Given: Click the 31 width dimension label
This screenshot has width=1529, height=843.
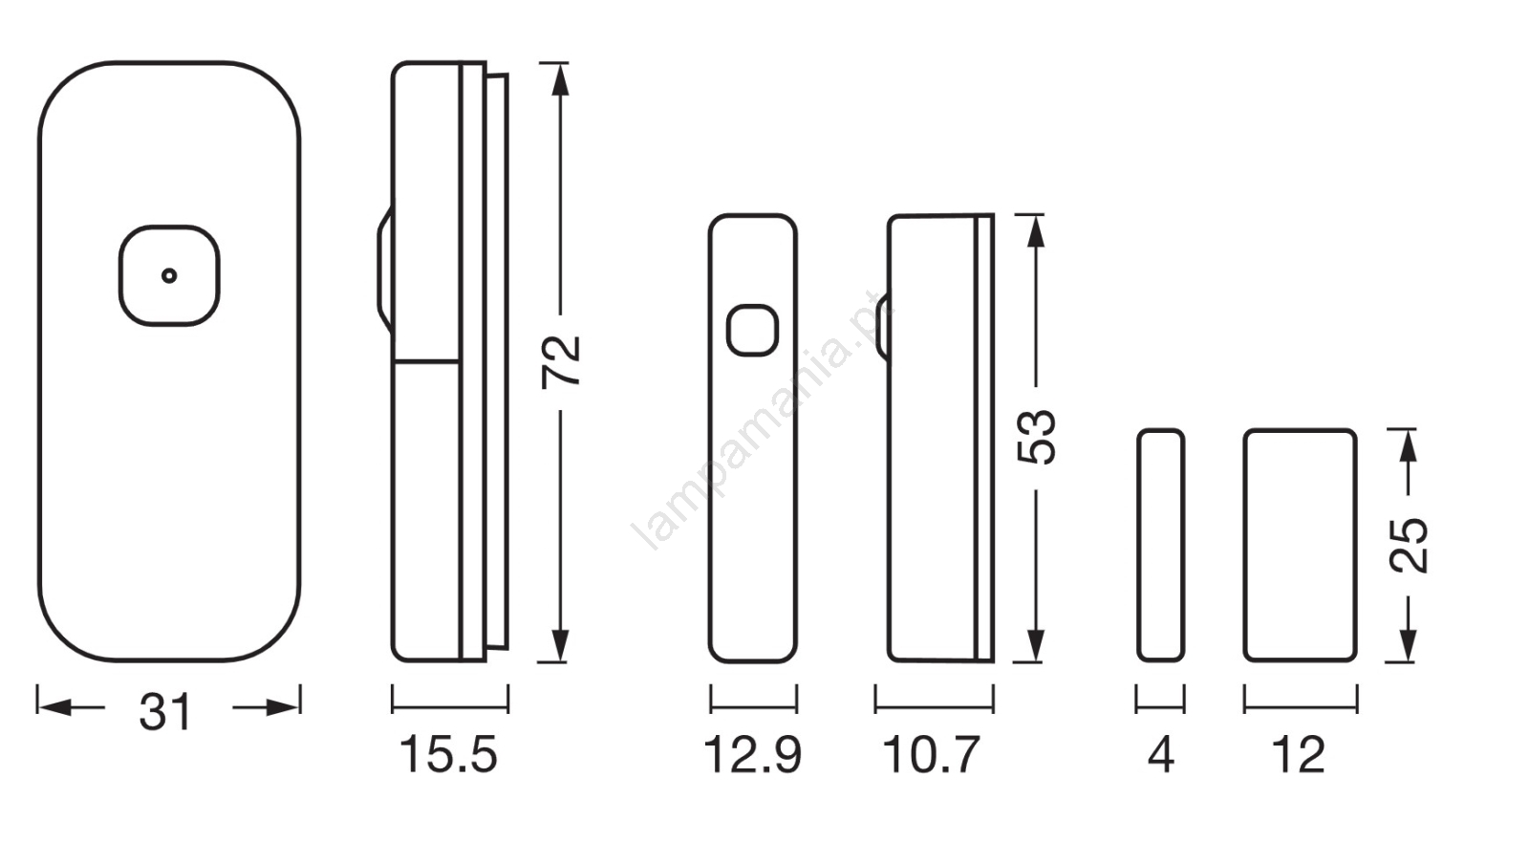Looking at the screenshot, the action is (x=165, y=712).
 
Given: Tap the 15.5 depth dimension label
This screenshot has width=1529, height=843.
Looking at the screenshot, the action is (x=448, y=754).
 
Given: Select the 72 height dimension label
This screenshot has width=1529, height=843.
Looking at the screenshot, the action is (x=561, y=362).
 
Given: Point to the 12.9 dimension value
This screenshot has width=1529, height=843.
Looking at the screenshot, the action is (x=752, y=754).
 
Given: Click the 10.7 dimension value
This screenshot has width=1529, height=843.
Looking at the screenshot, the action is (x=932, y=754).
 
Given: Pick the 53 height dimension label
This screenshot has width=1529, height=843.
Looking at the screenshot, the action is (x=1037, y=438).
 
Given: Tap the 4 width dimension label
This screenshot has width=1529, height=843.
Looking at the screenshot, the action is (x=1161, y=754).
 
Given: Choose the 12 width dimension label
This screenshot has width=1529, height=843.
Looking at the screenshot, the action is (x=1299, y=754).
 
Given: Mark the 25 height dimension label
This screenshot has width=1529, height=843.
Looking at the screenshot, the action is (x=1409, y=546).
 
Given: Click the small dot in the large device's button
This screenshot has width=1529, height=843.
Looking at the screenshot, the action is (x=169, y=276).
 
